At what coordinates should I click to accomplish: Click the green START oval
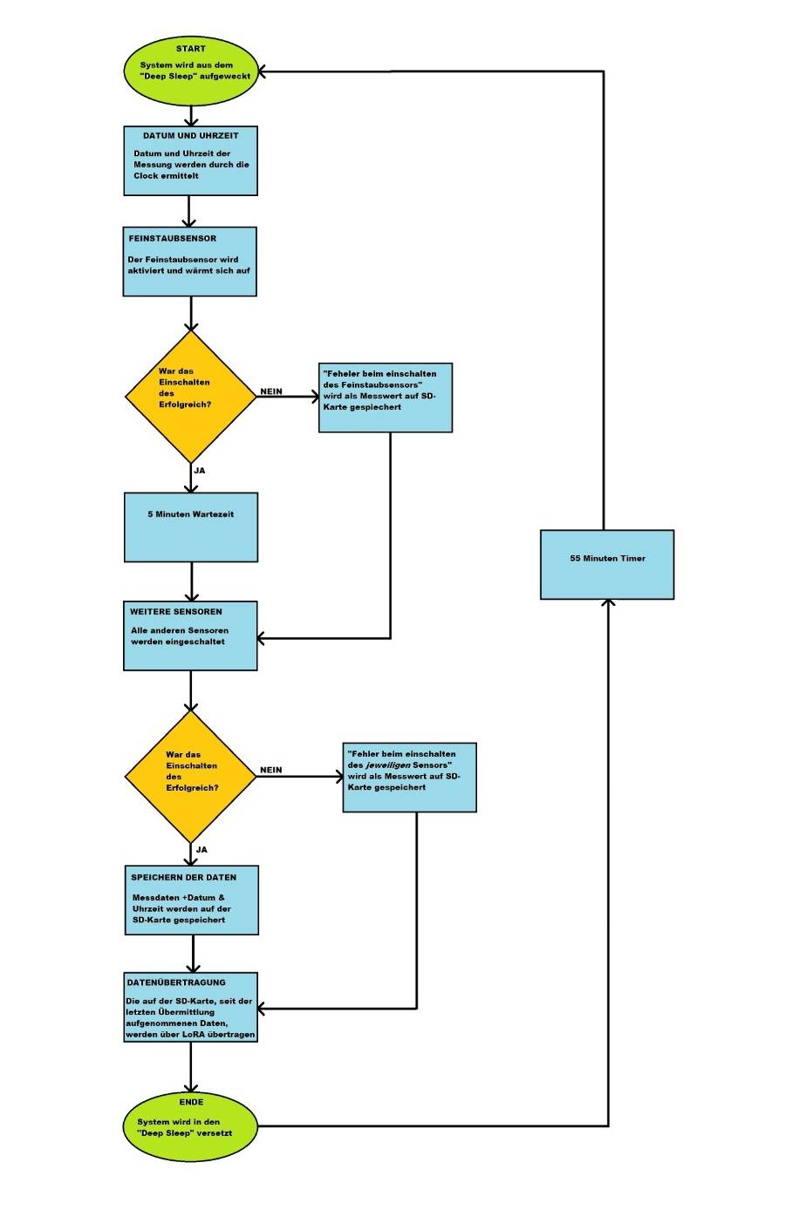pyautogui.click(x=191, y=70)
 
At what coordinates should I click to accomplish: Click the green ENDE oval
pyautogui.click(x=191, y=1126)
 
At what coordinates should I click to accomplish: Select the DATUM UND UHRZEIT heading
pyautogui.click(x=190, y=136)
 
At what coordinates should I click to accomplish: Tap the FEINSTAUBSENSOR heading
pyautogui.click(x=173, y=239)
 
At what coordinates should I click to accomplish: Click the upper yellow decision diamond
pyautogui.click(x=191, y=396)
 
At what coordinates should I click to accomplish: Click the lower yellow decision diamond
pyautogui.click(x=191, y=776)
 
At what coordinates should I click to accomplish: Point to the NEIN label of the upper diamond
pyautogui.click(x=271, y=391)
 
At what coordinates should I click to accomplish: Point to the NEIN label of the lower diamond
pyautogui.click(x=271, y=771)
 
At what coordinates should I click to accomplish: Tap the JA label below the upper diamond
pyautogui.click(x=200, y=471)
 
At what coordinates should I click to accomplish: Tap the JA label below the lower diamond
pyautogui.click(x=201, y=850)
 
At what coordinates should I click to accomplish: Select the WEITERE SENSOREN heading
pyautogui.click(x=176, y=612)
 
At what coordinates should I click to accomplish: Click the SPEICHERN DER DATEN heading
pyautogui.click(x=183, y=878)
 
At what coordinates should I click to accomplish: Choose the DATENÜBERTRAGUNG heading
pyautogui.click(x=176, y=982)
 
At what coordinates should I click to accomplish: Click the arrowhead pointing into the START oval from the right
pyautogui.click(x=263, y=72)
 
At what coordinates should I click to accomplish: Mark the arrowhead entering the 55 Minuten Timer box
pyautogui.click(x=608, y=603)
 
